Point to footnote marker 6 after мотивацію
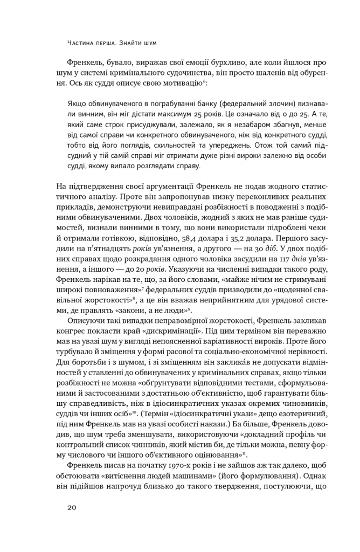(204, 82)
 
